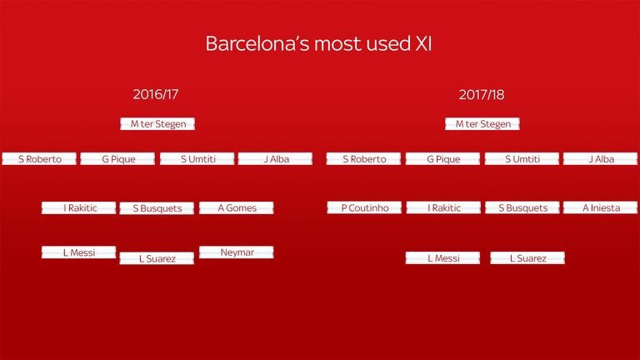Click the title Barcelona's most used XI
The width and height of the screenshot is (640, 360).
pyautogui.click(x=318, y=43)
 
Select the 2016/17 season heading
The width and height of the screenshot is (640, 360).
pyautogui.click(x=156, y=95)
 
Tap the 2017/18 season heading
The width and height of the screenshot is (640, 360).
pyautogui.click(x=481, y=95)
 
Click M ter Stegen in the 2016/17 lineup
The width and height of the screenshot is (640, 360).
pyautogui.click(x=157, y=124)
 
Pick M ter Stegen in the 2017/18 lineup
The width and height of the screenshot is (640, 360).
pyautogui.click(x=482, y=124)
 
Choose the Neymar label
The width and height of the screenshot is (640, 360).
pyautogui.click(x=237, y=252)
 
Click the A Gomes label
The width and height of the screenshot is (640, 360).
pyautogui.click(x=237, y=207)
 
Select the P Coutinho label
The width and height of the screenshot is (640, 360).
pyautogui.click(x=364, y=207)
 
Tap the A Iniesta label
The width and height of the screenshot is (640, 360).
pyautogui.click(x=600, y=207)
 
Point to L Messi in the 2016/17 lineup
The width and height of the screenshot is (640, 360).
pyautogui.click(x=79, y=252)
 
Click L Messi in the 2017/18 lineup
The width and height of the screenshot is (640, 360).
pyautogui.click(x=442, y=258)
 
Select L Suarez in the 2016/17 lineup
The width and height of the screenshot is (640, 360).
pyautogui.click(x=157, y=258)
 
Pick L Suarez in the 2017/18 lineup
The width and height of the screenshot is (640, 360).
pyautogui.click(x=527, y=258)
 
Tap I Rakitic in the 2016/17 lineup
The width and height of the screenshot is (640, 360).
pyautogui.click(x=79, y=207)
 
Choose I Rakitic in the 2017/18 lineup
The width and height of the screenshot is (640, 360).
pyautogui.click(x=443, y=207)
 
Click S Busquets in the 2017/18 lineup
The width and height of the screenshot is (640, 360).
pyautogui.click(x=522, y=207)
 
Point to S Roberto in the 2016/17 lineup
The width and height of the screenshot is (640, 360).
pyautogui.click(x=39, y=159)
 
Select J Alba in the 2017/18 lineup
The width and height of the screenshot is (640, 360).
pyautogui.click(x=600, y=159)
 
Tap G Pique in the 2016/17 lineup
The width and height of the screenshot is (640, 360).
pyautogui.click(x=117, y=159)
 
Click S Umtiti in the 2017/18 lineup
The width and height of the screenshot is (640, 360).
pyautogui.click(x=522, y=159)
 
